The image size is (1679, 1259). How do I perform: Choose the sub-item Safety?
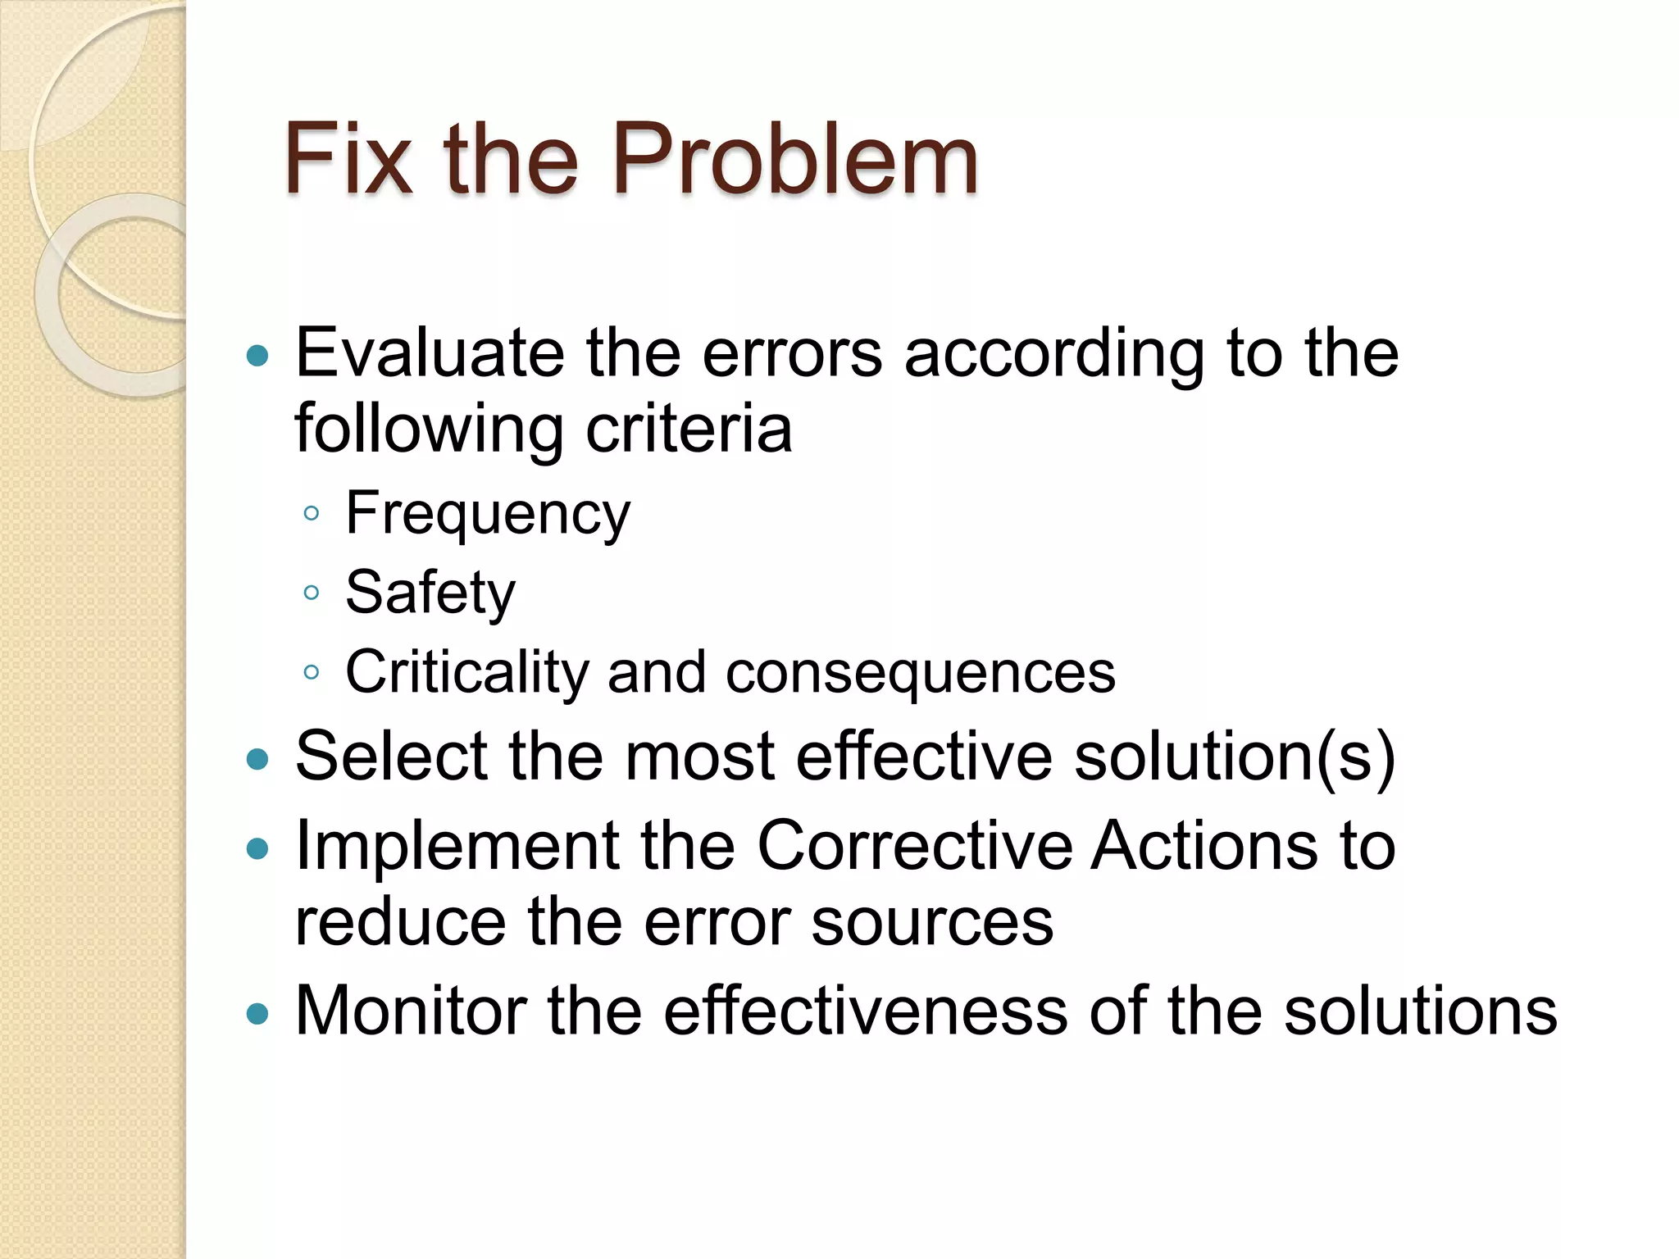coord(430,592)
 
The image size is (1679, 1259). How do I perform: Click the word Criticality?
coord(466,672)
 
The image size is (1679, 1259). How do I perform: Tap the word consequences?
coord(920,672)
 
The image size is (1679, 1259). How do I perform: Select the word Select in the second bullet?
coord(391,756)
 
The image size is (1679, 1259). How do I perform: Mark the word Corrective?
coord(914,845)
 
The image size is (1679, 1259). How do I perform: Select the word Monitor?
coord(411,1011)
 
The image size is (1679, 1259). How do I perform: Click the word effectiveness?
coord(866,1011)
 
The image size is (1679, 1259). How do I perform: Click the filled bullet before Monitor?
coord(257,1015)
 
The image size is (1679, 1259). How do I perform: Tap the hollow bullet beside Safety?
coord(311,593)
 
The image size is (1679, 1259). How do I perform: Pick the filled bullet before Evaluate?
coord(257,356)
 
